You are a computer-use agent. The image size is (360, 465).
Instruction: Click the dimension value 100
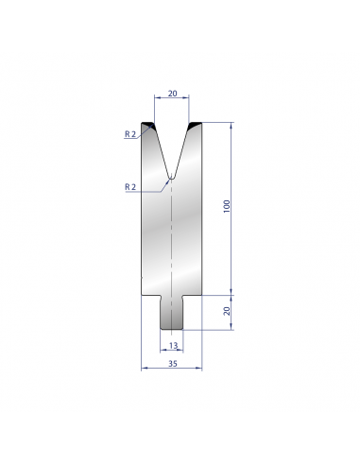point(227,206)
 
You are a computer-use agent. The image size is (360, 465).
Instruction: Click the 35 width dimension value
point(173,364)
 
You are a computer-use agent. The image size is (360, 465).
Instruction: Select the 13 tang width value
point(173,346)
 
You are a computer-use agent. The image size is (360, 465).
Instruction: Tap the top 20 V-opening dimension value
point(172,94)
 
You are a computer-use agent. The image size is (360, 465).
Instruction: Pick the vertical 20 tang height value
point(227,311)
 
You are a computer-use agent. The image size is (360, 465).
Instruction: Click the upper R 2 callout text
point(130,134)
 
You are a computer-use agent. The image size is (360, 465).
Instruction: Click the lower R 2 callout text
point(130,187)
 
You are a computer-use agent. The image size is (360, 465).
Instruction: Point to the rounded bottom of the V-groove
point(171,178)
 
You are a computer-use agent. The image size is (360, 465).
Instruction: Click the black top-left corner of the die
point(147,124)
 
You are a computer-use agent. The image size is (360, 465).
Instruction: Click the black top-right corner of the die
point(196,124)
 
